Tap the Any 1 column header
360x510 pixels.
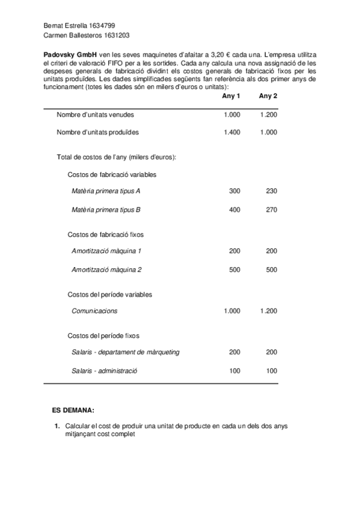pyautogui.click(x=231, y=96)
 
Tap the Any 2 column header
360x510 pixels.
pyautogui.click(x=268, y=96)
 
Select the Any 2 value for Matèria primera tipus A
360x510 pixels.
pyautogui.click(x=271, y=191)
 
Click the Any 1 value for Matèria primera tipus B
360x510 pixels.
pyautogui.click(x=234, y=210)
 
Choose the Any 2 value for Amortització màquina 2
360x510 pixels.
pyautogui.click(x=271, y=269)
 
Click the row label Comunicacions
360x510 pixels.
pyautogui.click(x=94, y=311)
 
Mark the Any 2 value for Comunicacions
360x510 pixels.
pyautogui.click(x=269, y=311)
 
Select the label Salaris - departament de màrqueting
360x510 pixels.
pyautogui.click(x=125, y=352)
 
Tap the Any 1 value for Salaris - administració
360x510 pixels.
pyautogui.click(x=234, y=370)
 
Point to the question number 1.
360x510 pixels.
pyautogui.click(x=56, y=426)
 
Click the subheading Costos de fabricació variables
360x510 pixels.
pyautogui.click(x=112, y=174)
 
